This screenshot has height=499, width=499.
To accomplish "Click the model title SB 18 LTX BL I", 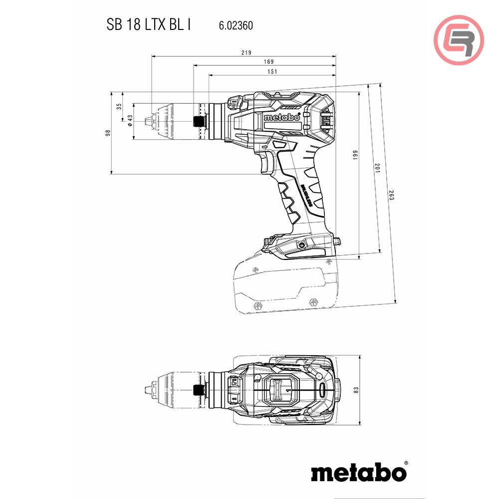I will [x=148, y=25].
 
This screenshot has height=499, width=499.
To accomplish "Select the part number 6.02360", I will [x=236, y=25].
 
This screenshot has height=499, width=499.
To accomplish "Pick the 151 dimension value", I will [x=272, y=71].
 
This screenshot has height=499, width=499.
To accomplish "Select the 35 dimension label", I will [x=119, y=106].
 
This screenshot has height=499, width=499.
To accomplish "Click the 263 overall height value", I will [x=391, y=195].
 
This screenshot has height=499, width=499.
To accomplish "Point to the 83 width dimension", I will [x=355, y=390].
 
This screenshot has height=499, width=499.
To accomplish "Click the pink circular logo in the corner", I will [x=459, y=40].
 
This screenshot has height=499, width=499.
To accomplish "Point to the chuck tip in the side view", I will [x=146, y=120].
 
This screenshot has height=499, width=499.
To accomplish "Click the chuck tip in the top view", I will [x=145, y=389].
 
